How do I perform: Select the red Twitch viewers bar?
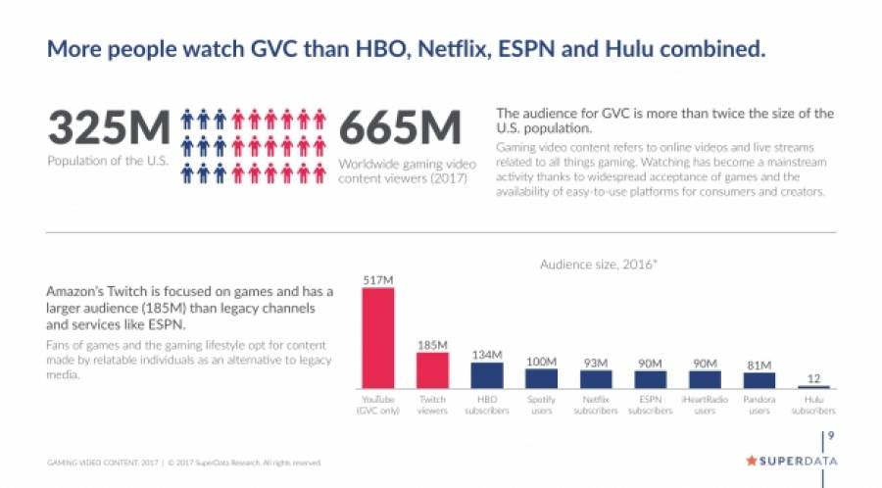tap(432, 370)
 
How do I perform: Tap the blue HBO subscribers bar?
tap(487, 376)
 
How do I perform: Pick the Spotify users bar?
tap(541, 378)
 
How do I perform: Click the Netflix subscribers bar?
tap(596, 379)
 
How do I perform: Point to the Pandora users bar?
tap(759, 380)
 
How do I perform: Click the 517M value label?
tap(378, 279)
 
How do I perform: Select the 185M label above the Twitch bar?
tap(432, 345)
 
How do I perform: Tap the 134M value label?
tap(487, 355)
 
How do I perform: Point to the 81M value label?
tap(759, 365)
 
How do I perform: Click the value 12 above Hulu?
tap(813, 377)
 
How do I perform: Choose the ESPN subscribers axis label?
tap(650, 405)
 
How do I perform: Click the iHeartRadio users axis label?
tap(705, 405)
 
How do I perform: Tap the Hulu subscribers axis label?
tap(813, 405)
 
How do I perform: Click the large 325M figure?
tap(109, 129)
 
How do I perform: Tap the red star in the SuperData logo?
tap(752, 460)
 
